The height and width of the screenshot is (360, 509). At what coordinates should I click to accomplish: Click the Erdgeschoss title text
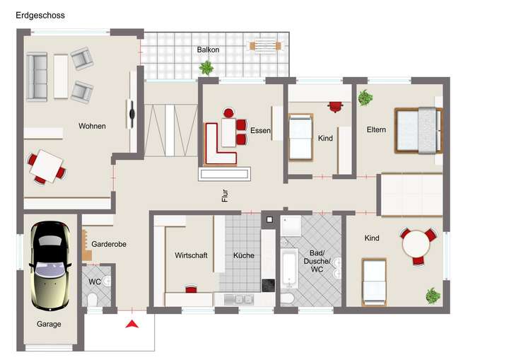pos(40,15)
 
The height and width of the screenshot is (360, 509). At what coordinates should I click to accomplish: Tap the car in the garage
pos(49,265)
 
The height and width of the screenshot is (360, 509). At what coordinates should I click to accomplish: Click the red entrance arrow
pos(131,324)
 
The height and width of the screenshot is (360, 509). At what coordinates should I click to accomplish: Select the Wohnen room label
pos(92,127)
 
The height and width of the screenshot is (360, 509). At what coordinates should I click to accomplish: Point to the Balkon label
pos(208,50)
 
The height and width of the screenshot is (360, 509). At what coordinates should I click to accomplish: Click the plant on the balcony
pos(206,68)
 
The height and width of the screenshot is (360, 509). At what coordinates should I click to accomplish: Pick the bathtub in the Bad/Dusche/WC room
pos(288,269)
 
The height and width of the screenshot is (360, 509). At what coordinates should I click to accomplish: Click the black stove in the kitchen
pos(269,285)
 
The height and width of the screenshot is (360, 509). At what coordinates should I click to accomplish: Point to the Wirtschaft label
pos(191,255)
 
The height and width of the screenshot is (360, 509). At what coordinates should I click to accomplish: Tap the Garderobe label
pos(109,244)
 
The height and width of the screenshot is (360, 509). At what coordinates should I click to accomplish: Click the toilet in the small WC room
pos(93,301)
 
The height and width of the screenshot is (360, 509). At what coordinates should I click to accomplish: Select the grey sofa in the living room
pos(37,76)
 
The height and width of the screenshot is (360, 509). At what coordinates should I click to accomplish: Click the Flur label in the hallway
pos(225,196)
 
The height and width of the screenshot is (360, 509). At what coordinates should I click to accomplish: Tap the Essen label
pos(260,131)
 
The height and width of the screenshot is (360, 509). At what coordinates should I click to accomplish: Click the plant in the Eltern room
pos(365,98)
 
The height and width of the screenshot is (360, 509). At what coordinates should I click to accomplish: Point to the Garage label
pos(49,324)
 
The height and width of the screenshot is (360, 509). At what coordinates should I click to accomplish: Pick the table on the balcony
pos(264,45)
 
